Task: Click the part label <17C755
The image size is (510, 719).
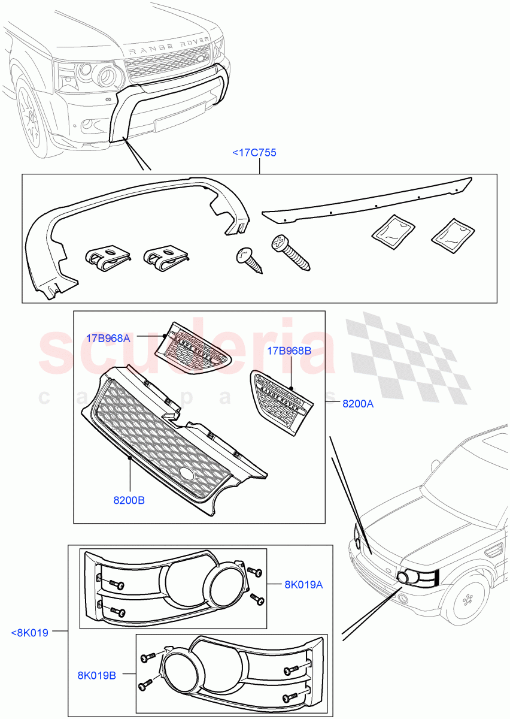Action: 254,153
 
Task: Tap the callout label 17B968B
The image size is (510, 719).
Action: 289,351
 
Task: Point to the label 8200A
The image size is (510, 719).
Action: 358,404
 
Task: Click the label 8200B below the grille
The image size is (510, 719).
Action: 129,500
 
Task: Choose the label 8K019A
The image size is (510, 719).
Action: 303,585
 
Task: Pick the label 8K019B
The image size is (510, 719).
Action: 96,675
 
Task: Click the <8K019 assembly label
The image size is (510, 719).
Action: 30,632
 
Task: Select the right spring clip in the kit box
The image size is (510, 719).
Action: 165,258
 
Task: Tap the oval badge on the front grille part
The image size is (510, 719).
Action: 187,474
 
